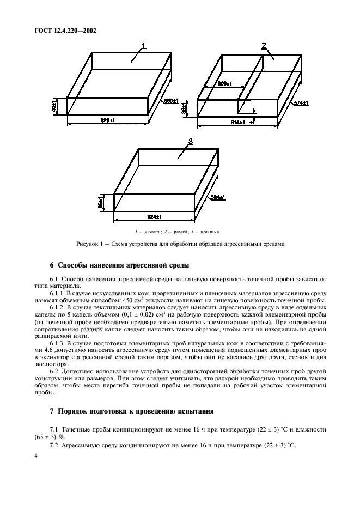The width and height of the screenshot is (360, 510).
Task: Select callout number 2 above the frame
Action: pyautogui.click(x=264, y=45)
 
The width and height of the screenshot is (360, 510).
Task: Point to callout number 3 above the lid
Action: pyautogui.click(x=190, y=142)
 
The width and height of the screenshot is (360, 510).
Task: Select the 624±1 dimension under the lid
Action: pyautogui.click(x=155, y=217)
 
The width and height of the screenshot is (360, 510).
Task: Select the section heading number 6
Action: pyautogui.click(x=52, y=266)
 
